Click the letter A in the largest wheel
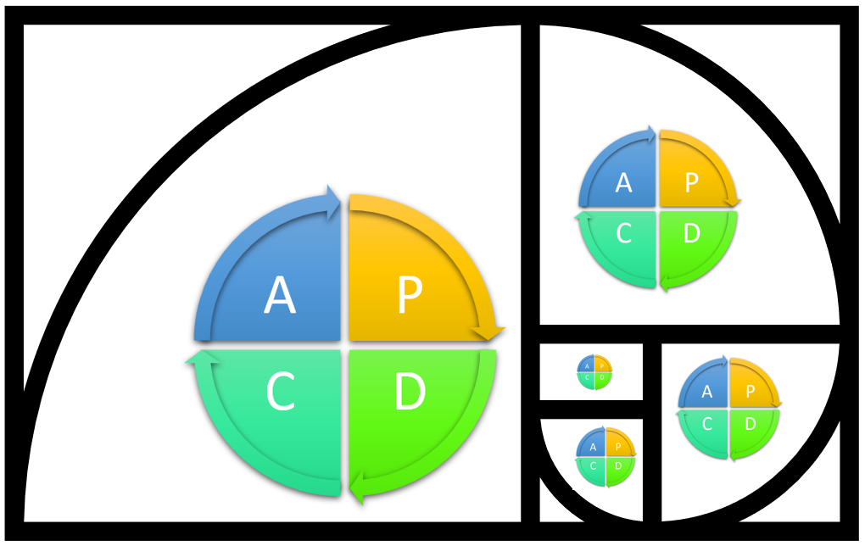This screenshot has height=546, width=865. click(280, 296)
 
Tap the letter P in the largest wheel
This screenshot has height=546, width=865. click(409, 296)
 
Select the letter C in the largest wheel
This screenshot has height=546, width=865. click(280, 392)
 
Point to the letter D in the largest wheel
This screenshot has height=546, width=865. click(409, 392)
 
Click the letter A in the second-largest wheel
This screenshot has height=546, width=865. click(624, 182)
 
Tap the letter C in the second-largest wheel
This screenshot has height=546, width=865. click(624, 233)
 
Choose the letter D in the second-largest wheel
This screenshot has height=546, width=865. click(691, 233)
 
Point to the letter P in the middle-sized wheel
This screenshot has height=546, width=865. click(750, 392)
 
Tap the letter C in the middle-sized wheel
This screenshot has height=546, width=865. click(707, 424)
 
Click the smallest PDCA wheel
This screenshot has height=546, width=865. click(594, 371)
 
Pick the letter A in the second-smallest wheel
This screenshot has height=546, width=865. click(593, 447)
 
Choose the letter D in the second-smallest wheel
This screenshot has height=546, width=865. click(618, 466)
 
